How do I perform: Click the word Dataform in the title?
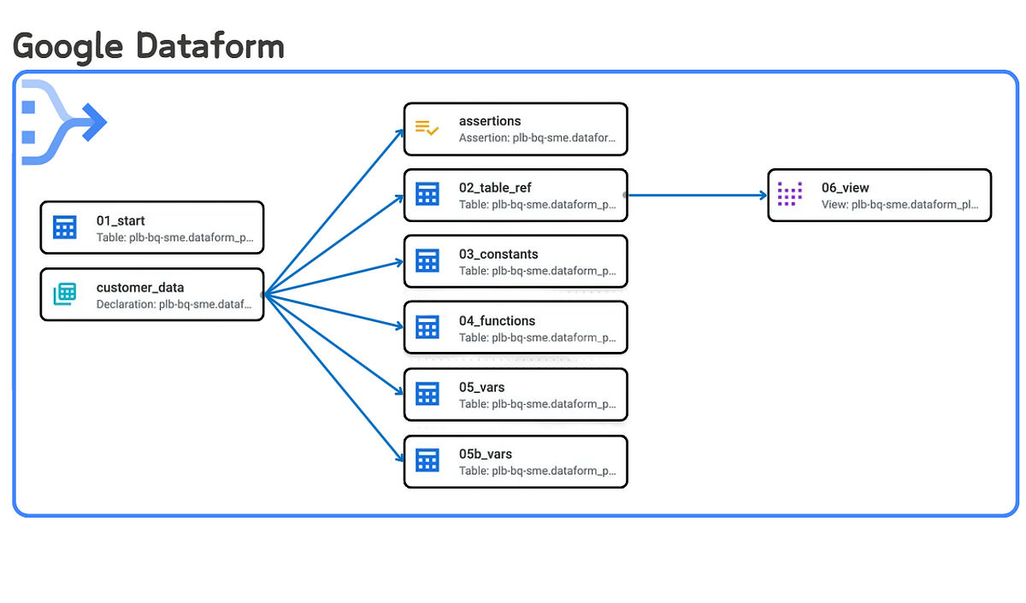pos(210,44)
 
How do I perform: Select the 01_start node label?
pos(121,220)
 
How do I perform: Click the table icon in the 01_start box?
pos(65,227)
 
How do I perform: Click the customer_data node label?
pos(139,287)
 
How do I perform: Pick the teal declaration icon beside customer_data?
pos(65,294)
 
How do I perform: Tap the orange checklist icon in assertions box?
pos(427,128)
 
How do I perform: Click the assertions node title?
pos(490,121)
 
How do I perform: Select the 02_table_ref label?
pos(495,188)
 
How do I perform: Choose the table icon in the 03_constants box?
pos(427,261)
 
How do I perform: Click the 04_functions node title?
pos(497,321)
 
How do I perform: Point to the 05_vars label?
pos(481,388)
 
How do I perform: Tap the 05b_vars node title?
pos(486,454)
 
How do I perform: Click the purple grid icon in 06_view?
pos(790,194)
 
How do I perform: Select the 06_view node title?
pos(845,188)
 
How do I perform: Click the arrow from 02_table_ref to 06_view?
pos(697,196)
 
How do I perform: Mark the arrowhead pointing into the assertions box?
pos(400,132)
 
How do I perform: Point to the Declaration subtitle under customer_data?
pos(174,303)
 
